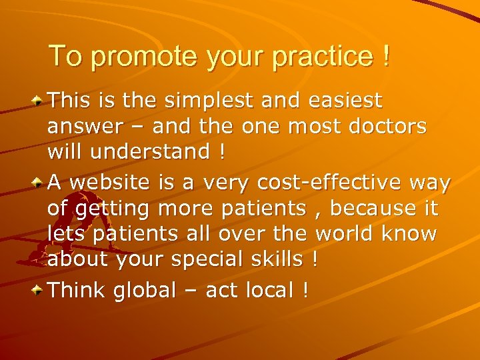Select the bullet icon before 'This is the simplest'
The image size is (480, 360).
pyautogui.click(x=39, y=101)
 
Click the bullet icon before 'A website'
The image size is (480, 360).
pyautogui.click(x=39, y=183)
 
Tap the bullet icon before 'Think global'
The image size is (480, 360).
pyautogui.click(x=39, y=291)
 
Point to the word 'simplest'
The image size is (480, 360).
pyautogui.click(x=207, y=102)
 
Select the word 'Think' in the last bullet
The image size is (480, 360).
pyautogui.click(x=78, y=290)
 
